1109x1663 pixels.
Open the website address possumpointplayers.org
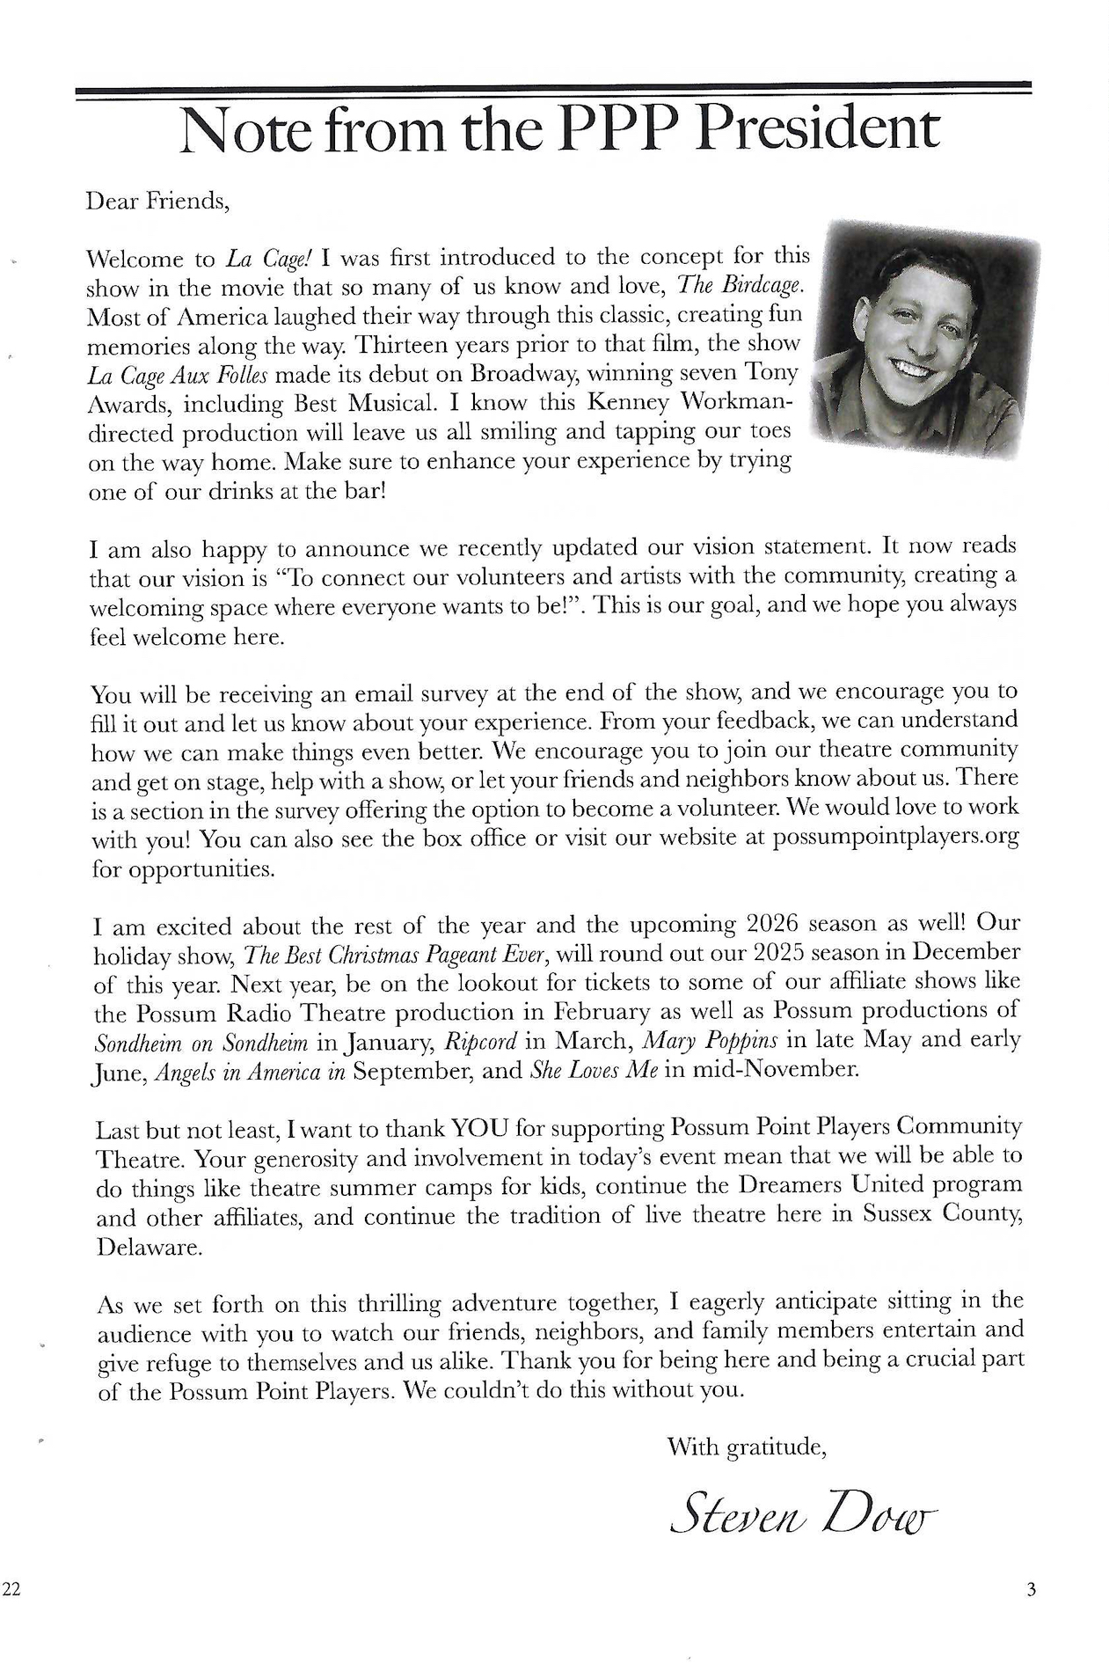[x=895, y=836]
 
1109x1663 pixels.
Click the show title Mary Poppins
[x=711, y=1040]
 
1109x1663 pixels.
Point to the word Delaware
[x=149, y=1247]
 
